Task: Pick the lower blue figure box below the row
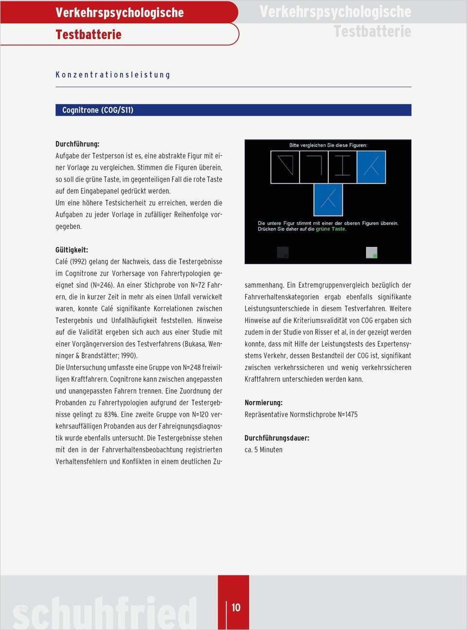point(328,199)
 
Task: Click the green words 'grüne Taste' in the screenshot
point(331,229)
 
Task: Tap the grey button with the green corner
point(371,252)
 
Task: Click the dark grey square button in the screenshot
point(283,252)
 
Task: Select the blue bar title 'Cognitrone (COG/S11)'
point(98,110)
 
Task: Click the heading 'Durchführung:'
point(77,144)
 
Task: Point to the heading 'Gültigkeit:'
point(72,250)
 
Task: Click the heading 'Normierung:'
point(263,403)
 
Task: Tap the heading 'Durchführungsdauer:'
point(277,438)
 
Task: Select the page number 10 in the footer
point(236,608)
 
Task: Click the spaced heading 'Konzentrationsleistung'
point(113,75)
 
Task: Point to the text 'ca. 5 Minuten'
point(263,450)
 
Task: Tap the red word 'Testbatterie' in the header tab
point(89,35)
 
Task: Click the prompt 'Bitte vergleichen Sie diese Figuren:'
point(328,145)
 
